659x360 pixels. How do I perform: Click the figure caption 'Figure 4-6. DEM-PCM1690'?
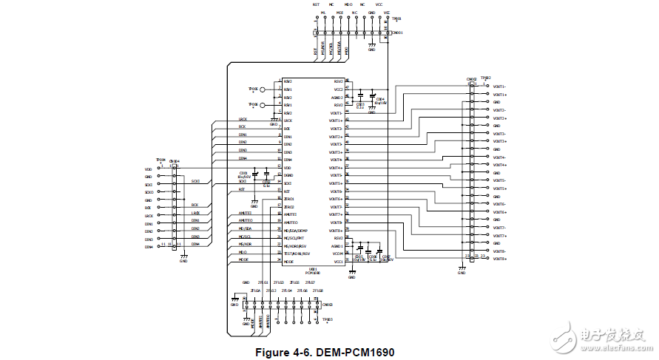(325, 352)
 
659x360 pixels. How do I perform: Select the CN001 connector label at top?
(397, 33)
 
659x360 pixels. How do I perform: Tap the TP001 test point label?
(396, 18)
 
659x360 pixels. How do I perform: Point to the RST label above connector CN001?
(317, 4)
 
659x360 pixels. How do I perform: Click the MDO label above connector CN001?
(348, 4)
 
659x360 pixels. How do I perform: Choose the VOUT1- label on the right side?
(500, 86)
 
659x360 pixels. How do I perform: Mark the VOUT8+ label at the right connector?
(500, 259)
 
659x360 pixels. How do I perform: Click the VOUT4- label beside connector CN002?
(500, 157)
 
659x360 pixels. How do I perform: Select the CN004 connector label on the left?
(175, 161)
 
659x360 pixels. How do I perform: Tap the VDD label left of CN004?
(148, 169)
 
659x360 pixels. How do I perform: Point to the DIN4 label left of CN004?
(148, 247)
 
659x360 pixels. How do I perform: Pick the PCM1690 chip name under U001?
(313, 274)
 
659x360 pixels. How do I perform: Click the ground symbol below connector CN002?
(461, 271)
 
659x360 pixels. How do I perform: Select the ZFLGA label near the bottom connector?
(255, 291)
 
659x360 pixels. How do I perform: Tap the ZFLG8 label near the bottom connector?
(317, 291)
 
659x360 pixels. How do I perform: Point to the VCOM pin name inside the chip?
(338, 254)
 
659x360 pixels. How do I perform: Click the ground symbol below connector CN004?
(183, 258)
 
